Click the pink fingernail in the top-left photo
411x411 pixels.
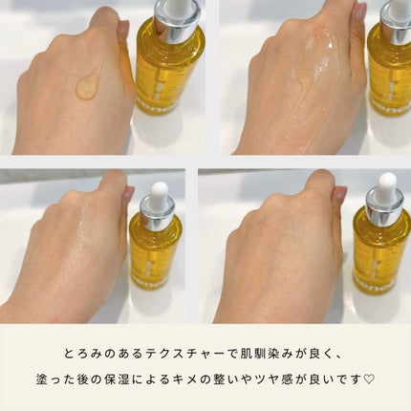point(123,27)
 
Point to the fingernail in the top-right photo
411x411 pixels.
point(359,12)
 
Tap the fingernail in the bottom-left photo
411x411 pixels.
point(128,193)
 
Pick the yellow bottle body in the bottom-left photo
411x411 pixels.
point(155,258)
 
